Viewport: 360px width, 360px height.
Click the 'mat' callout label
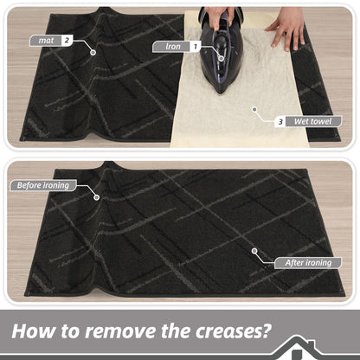[x=46, y=41]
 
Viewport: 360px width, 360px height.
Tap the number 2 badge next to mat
[x=67, y=41]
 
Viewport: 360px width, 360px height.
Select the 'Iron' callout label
[x=172, y=47]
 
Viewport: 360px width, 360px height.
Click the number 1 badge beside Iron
[x=196, y=47]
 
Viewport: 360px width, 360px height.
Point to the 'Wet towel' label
[x=313, y=121]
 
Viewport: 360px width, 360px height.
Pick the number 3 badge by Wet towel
[x=280, y=122]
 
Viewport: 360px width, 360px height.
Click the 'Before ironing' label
[x=43, y=185]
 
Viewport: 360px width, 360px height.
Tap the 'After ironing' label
[x=308, y=263]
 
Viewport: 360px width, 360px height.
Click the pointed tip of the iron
[x=221, y=93]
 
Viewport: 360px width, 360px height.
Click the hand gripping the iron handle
[x=219, y=16]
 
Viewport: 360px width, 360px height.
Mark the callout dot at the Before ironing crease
[x=97, y=197]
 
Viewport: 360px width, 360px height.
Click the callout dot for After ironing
[x=254, y=251]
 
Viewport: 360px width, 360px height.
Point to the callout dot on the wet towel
[x=254, y=109]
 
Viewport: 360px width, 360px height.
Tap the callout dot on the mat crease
[x=93, y=53]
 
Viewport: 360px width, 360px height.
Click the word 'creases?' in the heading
[x=234, y=331]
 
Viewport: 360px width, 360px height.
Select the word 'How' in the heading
[x=34, y=331]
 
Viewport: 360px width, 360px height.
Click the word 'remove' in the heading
[x=121, y=331]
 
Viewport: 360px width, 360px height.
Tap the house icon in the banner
[x=297, y=348]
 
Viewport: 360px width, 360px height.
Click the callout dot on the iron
[x=222, y=58]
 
